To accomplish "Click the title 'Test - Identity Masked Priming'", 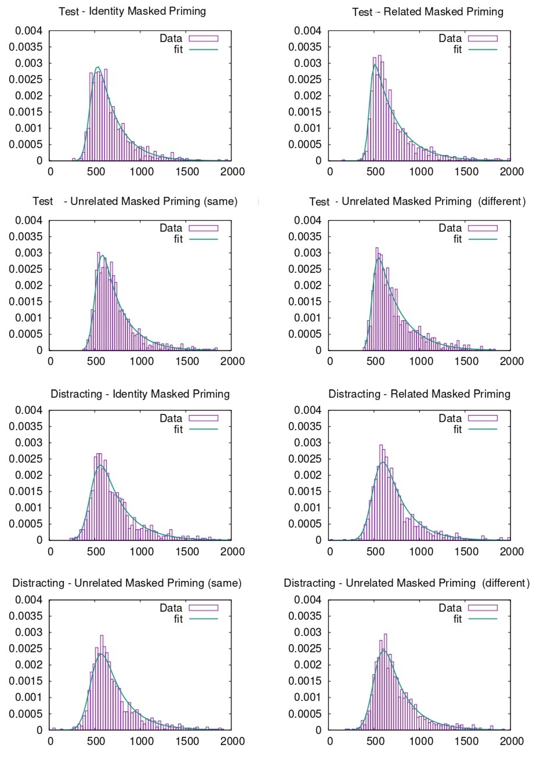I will click(x=132, y=11).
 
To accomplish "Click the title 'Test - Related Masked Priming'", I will click(x=428, y=12).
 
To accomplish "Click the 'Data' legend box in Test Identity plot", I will click(x=203, y=39).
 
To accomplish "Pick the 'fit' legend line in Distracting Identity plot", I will click(x=203, y=429).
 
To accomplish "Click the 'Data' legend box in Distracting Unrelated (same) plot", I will click(x=203, y=608).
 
